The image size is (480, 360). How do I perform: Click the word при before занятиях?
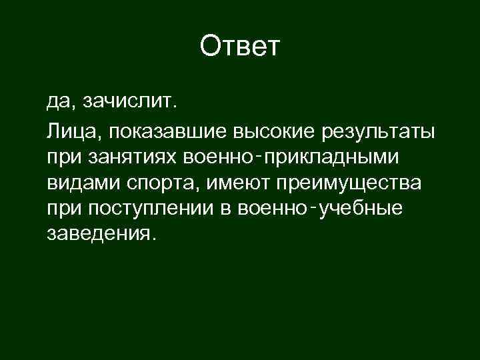(x=62, y=157)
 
